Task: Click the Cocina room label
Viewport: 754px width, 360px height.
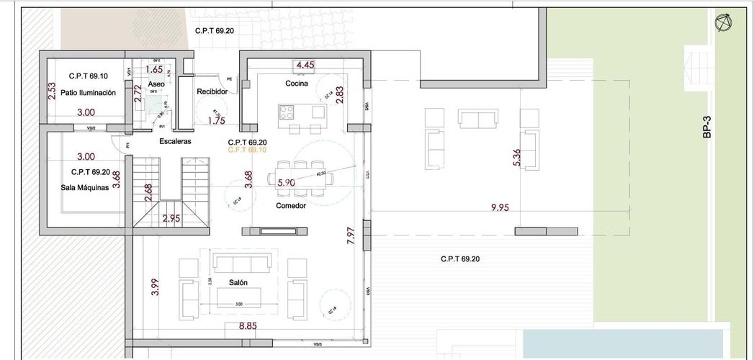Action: point(296,84)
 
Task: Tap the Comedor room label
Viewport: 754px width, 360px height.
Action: point(291,205)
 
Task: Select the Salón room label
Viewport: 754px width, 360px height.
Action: point(239,283)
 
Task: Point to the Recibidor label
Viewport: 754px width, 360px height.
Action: point(212,92)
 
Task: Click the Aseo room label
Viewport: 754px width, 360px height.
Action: point(156,84)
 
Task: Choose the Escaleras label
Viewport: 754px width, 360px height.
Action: point(175,142)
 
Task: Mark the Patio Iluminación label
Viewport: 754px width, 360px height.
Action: point(89,93)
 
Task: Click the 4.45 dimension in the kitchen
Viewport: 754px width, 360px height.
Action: point(305,66)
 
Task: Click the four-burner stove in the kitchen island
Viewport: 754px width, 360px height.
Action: point(287,112)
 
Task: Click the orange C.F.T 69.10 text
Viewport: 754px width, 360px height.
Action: point(247,150)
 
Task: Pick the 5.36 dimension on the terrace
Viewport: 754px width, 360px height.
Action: point(516,158)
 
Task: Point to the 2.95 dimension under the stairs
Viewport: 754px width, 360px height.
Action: point(171,218)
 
